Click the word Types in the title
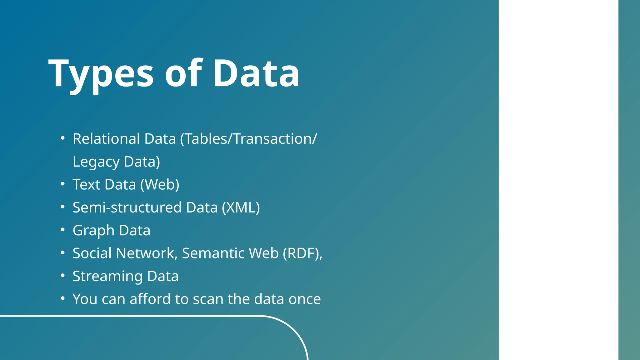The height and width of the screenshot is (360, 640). point(101,74)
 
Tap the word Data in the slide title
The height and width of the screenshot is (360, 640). point(256,74)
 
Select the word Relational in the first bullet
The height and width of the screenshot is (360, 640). point(106,139)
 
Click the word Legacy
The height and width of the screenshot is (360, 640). point(96,162)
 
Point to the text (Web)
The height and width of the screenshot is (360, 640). point(160,184)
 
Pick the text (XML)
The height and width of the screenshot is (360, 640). point(241,207)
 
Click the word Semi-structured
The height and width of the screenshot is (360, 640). point(127,207)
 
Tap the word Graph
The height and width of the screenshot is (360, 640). point(93,231)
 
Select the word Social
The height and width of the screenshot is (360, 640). point(92,253)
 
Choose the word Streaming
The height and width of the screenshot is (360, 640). point(107,276)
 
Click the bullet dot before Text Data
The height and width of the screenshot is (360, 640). point(63,184)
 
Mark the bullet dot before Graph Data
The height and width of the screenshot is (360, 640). point(63,230)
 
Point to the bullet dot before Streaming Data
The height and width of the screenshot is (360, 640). point(63,275)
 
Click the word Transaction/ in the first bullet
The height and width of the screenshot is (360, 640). point(275,139)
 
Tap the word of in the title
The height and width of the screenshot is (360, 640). point(184,74)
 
